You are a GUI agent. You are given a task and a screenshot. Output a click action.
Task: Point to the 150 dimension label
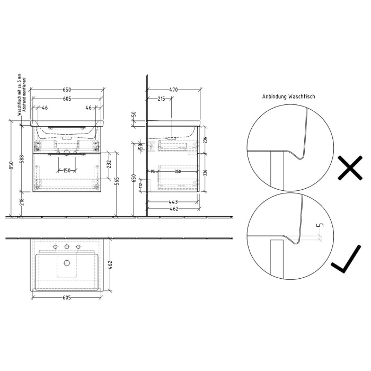click(x=66, y=170)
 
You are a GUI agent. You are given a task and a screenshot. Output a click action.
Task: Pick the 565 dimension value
click(x=118, y=181)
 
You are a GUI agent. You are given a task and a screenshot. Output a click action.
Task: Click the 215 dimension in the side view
click(x=161, y=99)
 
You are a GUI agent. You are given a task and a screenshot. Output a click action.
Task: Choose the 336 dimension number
click(x=205, y=172)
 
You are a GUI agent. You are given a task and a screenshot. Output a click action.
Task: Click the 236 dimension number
click(x=205, y=140)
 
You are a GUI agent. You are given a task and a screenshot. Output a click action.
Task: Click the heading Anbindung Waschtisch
click(x=289, y=97)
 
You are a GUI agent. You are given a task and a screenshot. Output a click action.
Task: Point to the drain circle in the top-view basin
click(x=66, y=262)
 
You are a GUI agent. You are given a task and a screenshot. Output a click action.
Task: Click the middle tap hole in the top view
click(x=66, y=247)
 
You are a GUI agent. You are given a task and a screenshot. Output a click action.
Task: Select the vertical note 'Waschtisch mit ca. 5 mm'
click(x=19, y=95)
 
